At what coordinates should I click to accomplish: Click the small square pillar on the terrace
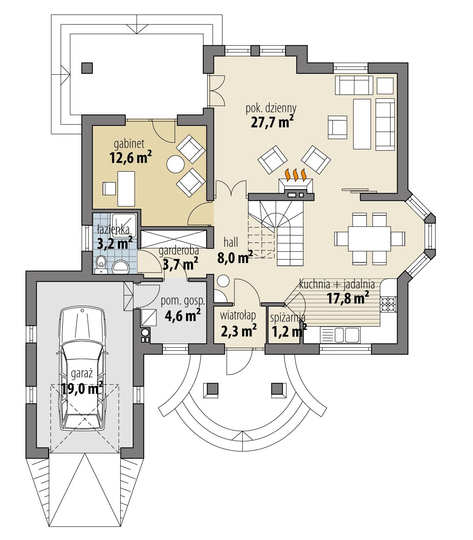pos(87,68)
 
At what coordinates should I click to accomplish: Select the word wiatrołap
pos(238,316)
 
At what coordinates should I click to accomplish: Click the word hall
pos(231,242)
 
